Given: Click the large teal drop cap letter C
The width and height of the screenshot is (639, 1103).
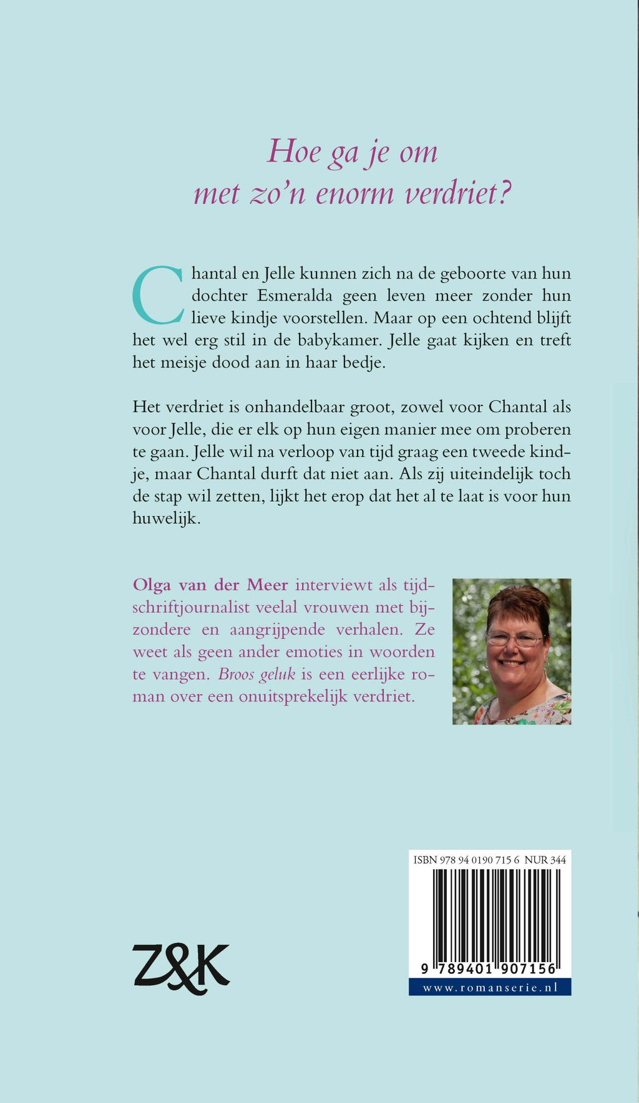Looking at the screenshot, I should [158, 295].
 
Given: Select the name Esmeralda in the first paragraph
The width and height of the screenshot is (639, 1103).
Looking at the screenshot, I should [295, 296].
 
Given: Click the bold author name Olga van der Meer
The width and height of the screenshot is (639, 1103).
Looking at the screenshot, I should [210, 585].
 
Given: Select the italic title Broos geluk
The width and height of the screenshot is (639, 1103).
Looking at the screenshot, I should [256, 675].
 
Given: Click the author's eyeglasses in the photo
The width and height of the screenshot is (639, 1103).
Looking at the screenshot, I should [514, 639].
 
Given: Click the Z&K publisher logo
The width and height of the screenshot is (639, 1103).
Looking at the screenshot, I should [181, 968].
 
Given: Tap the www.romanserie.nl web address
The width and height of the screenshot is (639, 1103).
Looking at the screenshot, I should [489, 988].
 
